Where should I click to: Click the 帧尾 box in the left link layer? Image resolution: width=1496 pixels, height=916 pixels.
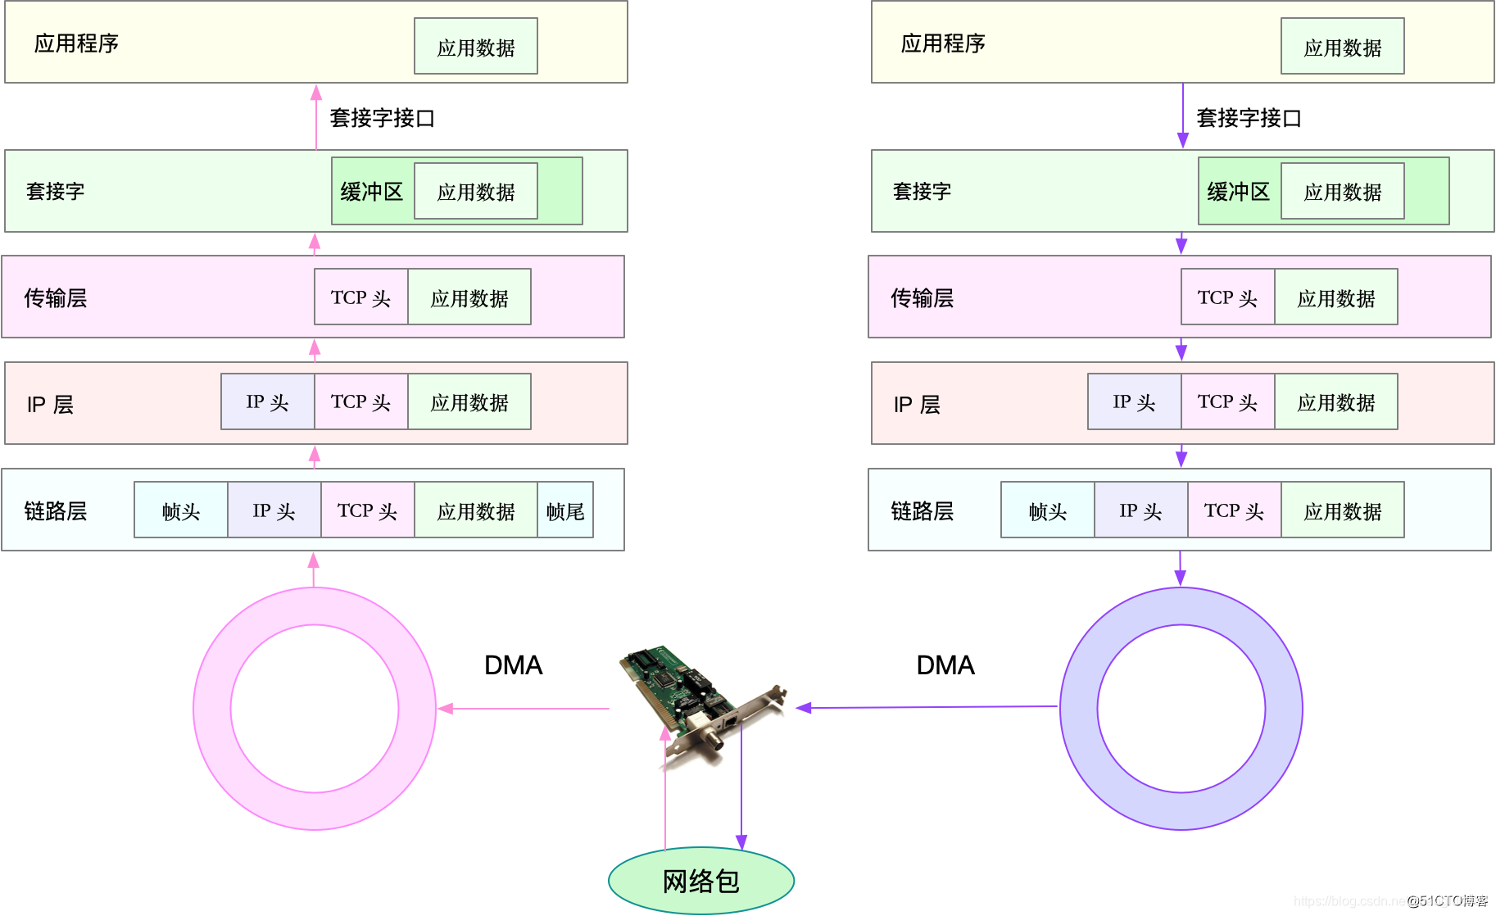pos(565,510)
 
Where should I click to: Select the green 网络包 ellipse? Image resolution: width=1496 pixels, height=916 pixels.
pos(701,881)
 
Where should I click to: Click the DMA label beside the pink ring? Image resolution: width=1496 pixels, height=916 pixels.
pos(513,665)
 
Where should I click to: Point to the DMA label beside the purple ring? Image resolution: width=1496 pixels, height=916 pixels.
pos(945,665)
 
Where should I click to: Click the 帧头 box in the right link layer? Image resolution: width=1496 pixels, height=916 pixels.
pos(1047,510)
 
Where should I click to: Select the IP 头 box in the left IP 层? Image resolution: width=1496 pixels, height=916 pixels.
pos(267,401)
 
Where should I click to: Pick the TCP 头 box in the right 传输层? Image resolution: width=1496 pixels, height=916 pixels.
pos(1226,297)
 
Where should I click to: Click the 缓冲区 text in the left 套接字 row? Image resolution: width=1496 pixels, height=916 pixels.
pos(371,192)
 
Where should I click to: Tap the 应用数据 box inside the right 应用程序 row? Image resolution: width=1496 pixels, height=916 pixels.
pos(1342,48)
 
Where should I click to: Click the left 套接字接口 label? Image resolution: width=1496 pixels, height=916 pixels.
pos(382,118)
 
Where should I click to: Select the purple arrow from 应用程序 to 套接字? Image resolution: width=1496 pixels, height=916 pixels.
pos(1182,115)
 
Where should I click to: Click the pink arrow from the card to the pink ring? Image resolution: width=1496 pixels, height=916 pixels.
pos(524,708)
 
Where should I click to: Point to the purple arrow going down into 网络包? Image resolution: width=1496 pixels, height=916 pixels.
pos(741,787)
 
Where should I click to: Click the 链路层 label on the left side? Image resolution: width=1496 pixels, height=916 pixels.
pos(56,510)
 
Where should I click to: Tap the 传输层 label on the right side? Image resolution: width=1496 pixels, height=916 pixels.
pos(922,297)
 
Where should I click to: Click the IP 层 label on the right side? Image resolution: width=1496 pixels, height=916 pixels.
pos(916,404)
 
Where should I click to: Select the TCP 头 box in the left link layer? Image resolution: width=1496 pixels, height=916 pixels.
pos(367,510)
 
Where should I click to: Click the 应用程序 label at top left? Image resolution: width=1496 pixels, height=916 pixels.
pos(76,43)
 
